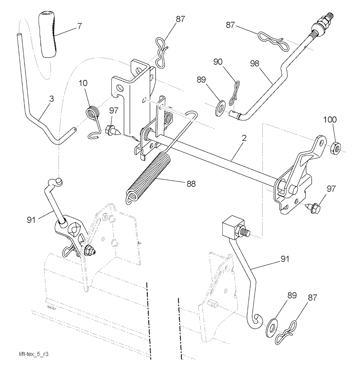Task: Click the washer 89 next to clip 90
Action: [x=220, y=108]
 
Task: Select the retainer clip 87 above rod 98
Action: [x=272, y=38]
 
